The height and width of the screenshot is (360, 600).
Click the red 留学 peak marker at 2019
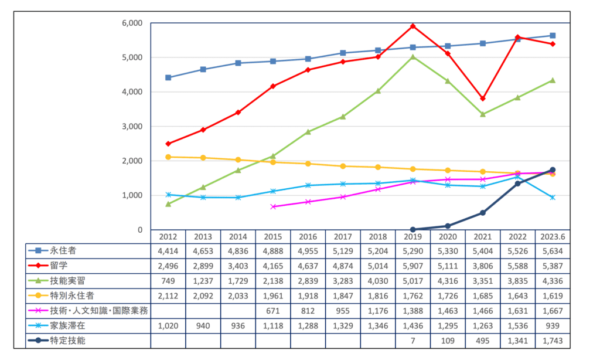pos(413,26)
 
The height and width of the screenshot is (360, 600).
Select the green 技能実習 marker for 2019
pos(413,57)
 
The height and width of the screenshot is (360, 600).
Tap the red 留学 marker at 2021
pos(483,99)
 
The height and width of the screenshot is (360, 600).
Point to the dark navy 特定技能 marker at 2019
pos(413,230)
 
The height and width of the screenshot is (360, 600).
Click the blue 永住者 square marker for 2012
pos(168,77)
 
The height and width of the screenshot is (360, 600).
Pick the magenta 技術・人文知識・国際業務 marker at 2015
pos(273,206)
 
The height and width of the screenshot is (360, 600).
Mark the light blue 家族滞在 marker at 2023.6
pos(553,198)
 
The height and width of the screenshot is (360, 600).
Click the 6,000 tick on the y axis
pos(132,23)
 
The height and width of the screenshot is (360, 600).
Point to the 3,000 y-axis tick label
pos(132,126)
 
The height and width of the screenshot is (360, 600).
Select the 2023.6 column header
pos(553,236)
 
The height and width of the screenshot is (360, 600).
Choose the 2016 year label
pos(308,236)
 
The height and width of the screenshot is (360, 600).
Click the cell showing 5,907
pos(413,266)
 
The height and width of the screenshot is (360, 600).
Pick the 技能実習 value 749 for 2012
pos(168,281)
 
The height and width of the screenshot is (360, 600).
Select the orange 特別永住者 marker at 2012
pos(168,157)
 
